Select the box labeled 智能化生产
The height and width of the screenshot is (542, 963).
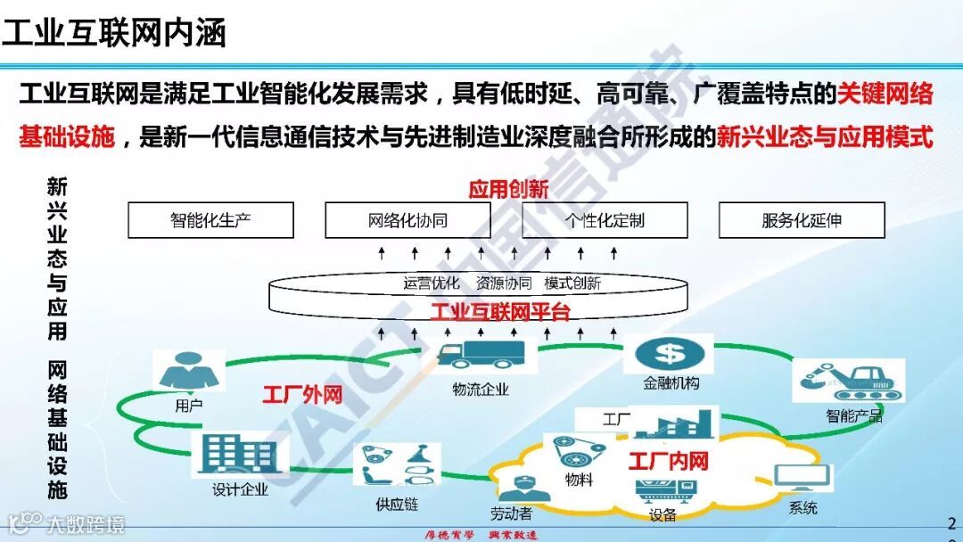[x=210, y=220]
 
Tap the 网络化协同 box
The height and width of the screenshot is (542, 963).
[x=407, y=220]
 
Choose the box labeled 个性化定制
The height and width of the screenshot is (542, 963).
[x=605, y=220]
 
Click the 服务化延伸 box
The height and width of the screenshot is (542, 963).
[x=802, y=220]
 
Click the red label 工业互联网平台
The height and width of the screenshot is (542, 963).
[x=500, y=312]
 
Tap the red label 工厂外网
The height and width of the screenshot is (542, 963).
[x=302, y=395]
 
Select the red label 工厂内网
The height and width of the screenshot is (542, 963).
[x=668, y=461]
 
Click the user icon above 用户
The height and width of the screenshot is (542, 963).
[x=188, y=371]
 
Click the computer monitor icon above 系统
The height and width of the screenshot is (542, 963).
[x=802, y=481]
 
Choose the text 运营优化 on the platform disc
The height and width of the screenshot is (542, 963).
[x=432, y=284]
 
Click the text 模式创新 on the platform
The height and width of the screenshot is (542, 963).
[x=572, y=284]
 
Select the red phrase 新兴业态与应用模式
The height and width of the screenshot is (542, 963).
[x=825, y=138]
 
